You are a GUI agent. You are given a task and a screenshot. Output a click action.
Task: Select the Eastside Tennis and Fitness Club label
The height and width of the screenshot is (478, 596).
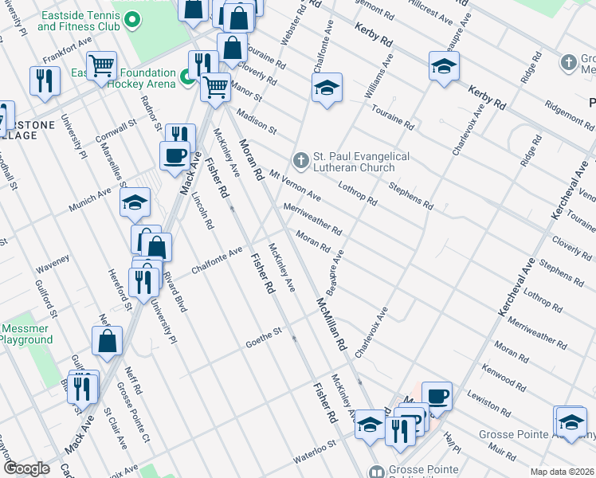(x=78, y=22)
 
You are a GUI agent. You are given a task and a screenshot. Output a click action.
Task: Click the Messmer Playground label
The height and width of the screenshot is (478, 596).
(x=26, y=334)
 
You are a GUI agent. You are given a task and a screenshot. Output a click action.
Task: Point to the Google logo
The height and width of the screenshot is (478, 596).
(x=26, y=468)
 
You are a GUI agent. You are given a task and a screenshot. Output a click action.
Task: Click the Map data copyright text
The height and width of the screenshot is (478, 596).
(x=563, y=472)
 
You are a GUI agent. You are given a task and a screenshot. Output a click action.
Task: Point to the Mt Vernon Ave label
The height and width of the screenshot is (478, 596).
(x=295, y=185)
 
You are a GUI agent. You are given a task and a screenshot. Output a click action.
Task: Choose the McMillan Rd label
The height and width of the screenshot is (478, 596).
(x=331, y=325)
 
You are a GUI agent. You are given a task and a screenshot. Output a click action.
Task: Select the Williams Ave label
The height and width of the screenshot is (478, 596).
(x=379, y=76)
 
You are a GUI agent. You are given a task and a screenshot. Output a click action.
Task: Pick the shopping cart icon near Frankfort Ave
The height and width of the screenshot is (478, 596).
(x=101, y=65)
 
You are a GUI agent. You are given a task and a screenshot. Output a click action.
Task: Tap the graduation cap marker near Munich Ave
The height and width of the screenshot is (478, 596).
(x=135, y=203)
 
